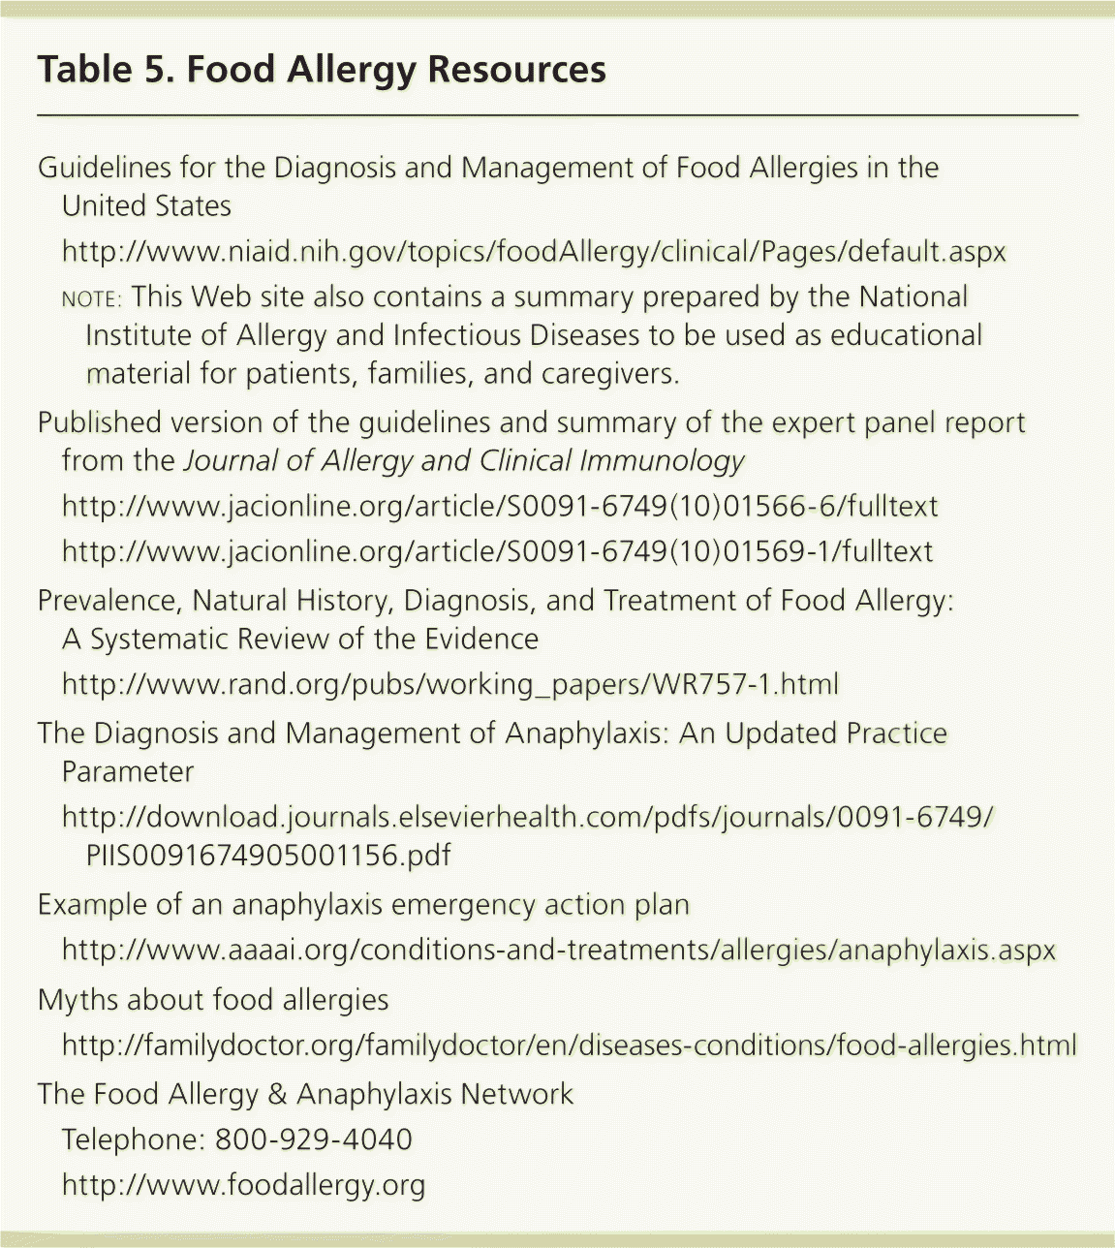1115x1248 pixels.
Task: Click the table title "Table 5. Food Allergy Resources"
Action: (x=322, y=70)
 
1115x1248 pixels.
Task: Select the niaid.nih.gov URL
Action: (x=534, y=252)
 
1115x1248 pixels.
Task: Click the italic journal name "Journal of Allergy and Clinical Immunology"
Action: (x=464, y=460)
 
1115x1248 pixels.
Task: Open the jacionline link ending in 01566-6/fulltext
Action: (x=500, y=506)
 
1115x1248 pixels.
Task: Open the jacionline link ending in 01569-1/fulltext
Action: (x=498, y=551)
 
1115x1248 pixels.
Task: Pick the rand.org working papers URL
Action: (x=450, y=684)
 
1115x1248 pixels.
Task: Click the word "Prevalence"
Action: (x=107, y=601)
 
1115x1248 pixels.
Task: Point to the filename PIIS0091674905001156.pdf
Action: (x=268, y=856)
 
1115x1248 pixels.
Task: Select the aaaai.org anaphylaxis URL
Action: (x=558, y=950)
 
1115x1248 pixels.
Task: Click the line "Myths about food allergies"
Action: (x=213, y=999)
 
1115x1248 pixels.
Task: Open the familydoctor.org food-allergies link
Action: (x=569, y=1045)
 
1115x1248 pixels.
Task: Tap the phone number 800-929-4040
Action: (x=314, y=1139)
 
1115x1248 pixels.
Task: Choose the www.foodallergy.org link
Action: (x=243, y=1184)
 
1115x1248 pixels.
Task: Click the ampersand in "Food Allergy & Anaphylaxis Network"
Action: (x=277, y=1095)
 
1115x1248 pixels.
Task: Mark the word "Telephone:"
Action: (x=133, y=1139)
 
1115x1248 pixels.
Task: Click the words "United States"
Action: (x=146, y=205)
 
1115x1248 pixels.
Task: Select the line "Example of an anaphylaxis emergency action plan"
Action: (x=363, y=905)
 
